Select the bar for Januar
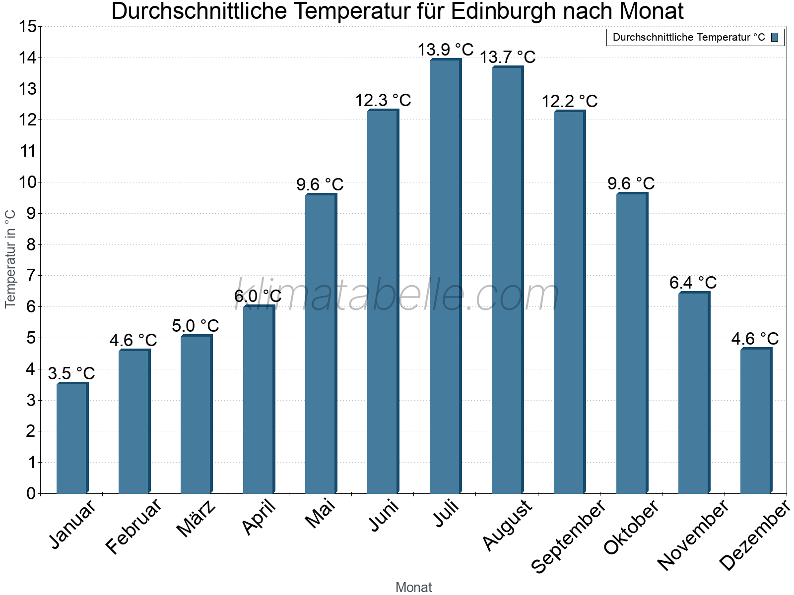[72, 438]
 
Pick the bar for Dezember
[756, 421]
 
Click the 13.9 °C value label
[445, 50]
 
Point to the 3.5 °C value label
[71, 373]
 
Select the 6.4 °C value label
[693, 283]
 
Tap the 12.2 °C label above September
[569, 101]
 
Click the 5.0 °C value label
[196, 326]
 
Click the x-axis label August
[507, 525]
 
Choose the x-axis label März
[197, 519]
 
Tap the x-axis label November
[693, 535]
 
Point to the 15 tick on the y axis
[28, 27]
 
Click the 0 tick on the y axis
[31, 493]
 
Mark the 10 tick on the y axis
[28, 182]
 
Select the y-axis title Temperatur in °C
[10, 259]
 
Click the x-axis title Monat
[413, 587]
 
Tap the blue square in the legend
[775, 37]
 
